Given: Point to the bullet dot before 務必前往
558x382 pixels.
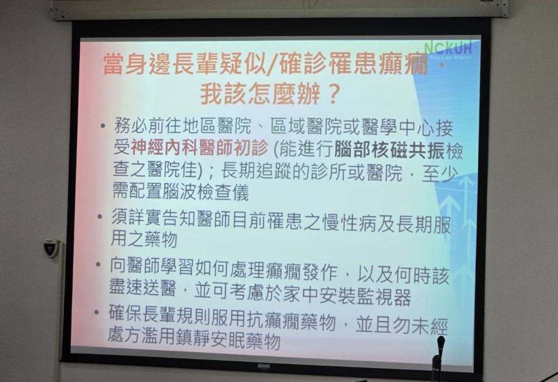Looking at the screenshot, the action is pyautogui.click(x=103, y=126).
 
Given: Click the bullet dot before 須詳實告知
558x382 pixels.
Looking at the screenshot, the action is pyautogui.click(x=100, y=217).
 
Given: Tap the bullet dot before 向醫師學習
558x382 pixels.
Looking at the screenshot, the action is pyautogui.click(x=98, y=265).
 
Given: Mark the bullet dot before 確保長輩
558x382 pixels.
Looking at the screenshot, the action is pyautogui.click(x=97, y=312).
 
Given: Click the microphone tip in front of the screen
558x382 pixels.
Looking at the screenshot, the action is pyautogui.click(x=441, y=341).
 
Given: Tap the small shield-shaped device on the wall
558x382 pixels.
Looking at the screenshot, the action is pyautogui.click(x=51, y=247).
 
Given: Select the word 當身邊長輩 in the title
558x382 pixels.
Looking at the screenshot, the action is pyautogui.click(x=160, y=64).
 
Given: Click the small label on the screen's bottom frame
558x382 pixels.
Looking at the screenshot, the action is pyautogui.click(x=264, y=366).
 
